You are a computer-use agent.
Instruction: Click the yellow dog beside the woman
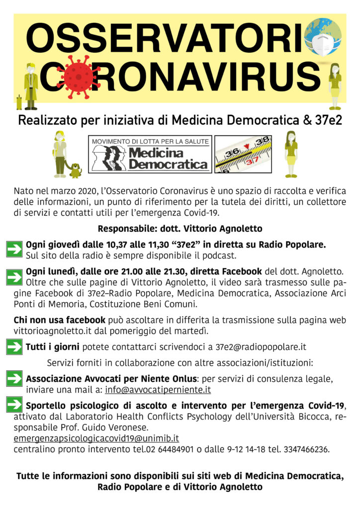[75, 170]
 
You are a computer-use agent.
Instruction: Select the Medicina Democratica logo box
[150, 154]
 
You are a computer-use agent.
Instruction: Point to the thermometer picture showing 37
[243, 154]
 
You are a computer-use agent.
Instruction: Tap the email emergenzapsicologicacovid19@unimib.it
[96, 439]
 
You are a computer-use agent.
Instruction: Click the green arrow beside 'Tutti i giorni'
[14, 346]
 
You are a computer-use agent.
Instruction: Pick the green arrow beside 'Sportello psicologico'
[14, 406]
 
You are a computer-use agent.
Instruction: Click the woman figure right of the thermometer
[291, 154]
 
